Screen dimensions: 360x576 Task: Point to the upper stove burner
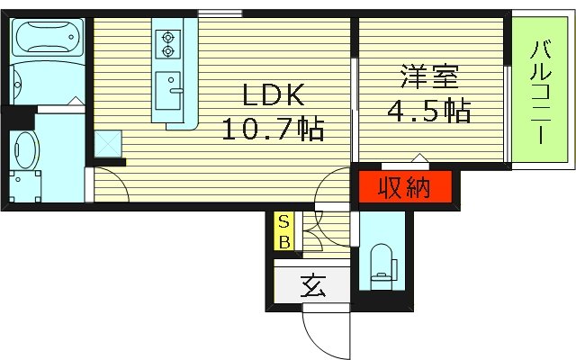click(167, 38)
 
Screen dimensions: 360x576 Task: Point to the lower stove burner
click(167, 52)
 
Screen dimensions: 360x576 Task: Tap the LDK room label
click(270, 94)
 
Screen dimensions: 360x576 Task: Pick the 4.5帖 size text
click(428, 112)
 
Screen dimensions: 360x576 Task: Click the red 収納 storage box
click(402, 188)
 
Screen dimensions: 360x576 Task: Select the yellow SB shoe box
click(283, 231)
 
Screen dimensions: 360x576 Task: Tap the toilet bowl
click(382, 260)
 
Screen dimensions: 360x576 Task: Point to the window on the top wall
click(213, 13)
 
